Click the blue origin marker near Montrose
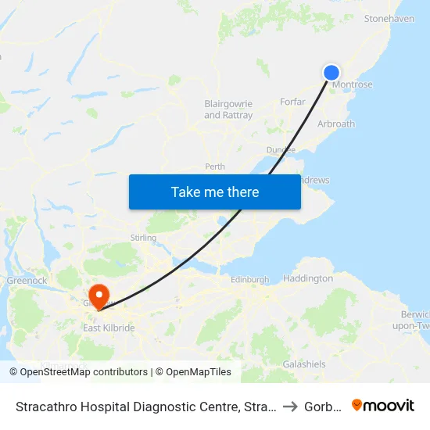[x=331, y=73]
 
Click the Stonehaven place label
[x=389, y=40]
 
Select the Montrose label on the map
[x=353, y=84]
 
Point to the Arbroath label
[x=336, y=124]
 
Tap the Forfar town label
[x=292, y=102]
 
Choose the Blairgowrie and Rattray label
[x=228, y=109]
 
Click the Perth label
[x=215, y=167]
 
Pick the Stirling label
[x=144, y=237]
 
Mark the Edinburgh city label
[x=250, y=279]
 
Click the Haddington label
[x=307, y=278]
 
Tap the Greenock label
[x=27, y=280]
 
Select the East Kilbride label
[x=109, y=328]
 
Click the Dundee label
[x=281, y=149]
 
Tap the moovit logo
[x=383, y=405]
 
